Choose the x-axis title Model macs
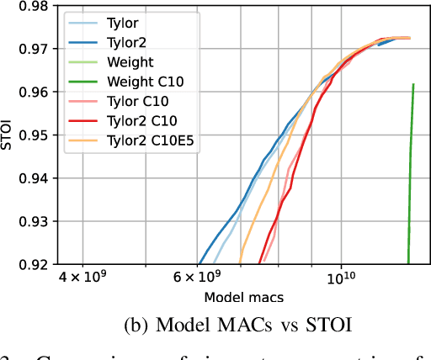click(244, 297)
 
